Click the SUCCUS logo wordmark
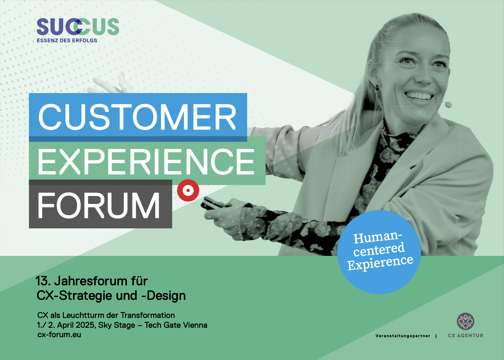point(78,27)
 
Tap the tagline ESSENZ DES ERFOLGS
point(67,40)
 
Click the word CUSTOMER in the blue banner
point(137,117)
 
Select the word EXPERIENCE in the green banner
point(146,162)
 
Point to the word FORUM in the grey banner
point(99,205)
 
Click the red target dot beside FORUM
point(188,191)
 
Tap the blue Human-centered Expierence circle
point(379,252)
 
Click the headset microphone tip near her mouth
point(448,105)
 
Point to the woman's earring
point(377,88)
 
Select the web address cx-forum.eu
point(59,334)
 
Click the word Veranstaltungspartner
point(403,336)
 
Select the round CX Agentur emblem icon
point(466,321)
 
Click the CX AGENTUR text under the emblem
point(466,336)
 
